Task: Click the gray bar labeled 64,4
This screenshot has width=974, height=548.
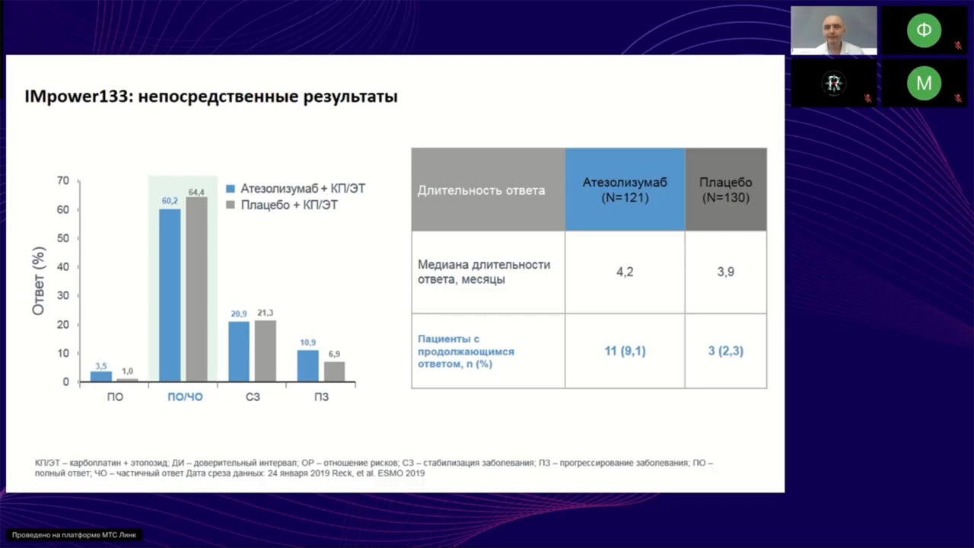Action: click(196, 288)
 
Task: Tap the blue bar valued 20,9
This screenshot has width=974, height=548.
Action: click(239, 351)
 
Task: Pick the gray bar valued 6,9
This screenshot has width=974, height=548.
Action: click(334, 371)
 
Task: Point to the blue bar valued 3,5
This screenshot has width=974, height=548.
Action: click(101, 376)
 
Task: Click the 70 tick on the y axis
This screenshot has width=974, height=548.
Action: click(62, 181)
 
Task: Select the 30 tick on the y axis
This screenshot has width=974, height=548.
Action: click(62, 295)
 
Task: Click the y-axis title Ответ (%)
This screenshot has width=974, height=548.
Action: click(39, 281)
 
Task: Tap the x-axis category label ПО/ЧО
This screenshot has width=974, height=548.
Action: click(185, 397)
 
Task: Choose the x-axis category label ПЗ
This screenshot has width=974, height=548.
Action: click(321, 397)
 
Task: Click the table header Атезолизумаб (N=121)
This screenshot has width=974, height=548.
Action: click(625, 190)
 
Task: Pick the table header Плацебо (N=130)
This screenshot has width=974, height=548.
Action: click(725, 190)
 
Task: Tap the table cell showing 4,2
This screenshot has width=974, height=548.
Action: click(625, 272)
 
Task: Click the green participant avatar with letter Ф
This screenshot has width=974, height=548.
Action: click(923, 30)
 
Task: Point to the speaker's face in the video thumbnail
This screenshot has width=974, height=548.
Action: click(833, 27)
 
